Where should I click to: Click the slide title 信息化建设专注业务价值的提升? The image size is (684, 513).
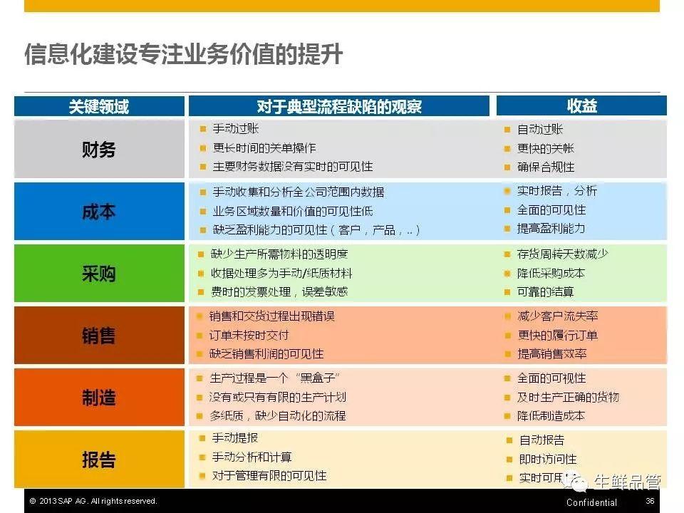[183, 55]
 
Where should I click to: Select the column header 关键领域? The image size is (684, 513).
[99, 106]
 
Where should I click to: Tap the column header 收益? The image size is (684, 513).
[581, 106]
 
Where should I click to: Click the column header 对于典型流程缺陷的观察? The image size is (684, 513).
[339, 106]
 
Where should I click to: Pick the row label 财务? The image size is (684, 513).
[99, 150]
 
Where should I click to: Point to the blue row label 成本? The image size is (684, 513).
[99, 212]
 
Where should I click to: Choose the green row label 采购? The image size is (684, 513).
[99, 274]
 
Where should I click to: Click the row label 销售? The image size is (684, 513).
[99, 336]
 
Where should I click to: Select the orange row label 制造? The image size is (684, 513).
[99, 398]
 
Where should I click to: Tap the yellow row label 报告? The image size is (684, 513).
[99, 460]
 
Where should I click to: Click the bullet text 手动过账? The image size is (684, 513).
[236, 129]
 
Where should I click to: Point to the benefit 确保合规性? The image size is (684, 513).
[545, 167]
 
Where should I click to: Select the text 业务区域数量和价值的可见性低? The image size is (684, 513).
[293, 212]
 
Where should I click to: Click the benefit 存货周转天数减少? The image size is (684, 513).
[563, 254]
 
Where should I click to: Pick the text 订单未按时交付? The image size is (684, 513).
[249, 336]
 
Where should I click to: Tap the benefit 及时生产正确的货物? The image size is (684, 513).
[568, 398]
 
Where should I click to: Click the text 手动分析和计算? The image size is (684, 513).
[252, 457]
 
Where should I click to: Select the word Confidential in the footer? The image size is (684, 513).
[591, 502]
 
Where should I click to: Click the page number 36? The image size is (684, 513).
[650, 501]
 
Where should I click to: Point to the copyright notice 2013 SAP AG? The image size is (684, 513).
[93, 501]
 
